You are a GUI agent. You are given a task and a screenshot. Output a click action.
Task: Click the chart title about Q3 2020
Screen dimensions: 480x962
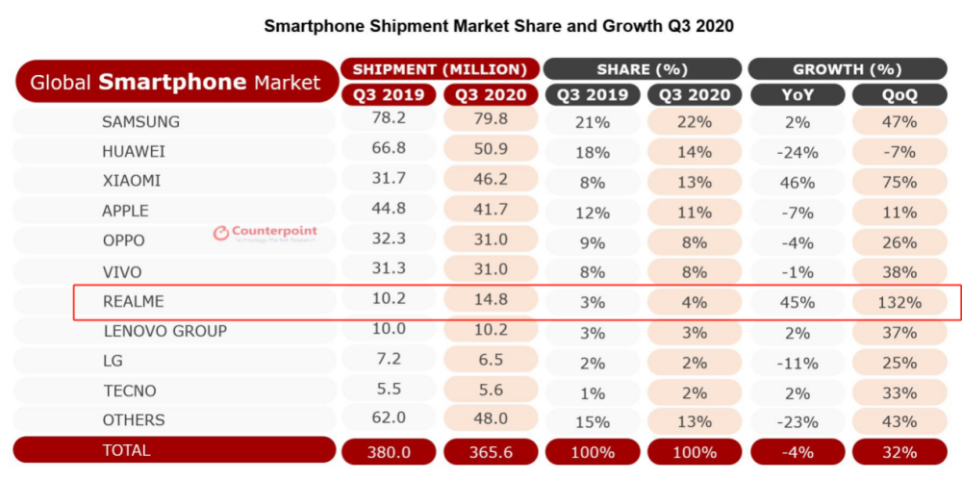[499, 26]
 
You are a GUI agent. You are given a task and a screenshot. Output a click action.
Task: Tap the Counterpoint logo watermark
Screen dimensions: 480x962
[266, 233]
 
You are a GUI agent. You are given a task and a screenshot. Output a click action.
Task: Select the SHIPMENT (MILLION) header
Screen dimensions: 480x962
[440, 69]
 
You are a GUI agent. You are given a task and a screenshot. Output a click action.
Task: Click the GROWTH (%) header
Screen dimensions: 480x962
[847, 69]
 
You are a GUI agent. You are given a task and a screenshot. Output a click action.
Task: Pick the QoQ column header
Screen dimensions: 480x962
[899, 95]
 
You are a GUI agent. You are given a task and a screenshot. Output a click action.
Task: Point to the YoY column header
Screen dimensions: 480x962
[797, 95]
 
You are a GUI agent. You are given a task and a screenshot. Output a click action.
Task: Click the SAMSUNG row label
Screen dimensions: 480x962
[141, 122]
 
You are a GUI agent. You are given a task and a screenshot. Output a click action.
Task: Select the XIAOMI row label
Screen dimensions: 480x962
[132, 181]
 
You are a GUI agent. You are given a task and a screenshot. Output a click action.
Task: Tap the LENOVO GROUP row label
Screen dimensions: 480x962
[165, 331]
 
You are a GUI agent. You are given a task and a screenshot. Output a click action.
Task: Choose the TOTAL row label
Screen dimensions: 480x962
[126, 449]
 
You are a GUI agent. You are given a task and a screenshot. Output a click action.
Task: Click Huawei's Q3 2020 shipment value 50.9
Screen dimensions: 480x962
[490, 151]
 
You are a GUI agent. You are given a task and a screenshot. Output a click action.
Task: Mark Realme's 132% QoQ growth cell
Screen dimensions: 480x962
[899, 302]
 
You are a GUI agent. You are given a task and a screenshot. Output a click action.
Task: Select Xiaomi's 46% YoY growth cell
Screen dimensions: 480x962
[797, 181]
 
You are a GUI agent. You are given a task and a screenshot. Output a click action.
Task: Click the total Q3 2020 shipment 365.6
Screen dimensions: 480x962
[490, 450]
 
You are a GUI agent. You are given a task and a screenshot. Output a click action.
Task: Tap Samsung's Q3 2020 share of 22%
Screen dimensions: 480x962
[694, 122]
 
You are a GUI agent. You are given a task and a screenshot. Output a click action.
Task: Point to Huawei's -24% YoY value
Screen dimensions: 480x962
[797, 152]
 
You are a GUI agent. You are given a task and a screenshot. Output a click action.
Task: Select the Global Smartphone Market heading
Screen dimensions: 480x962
[175, 83]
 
